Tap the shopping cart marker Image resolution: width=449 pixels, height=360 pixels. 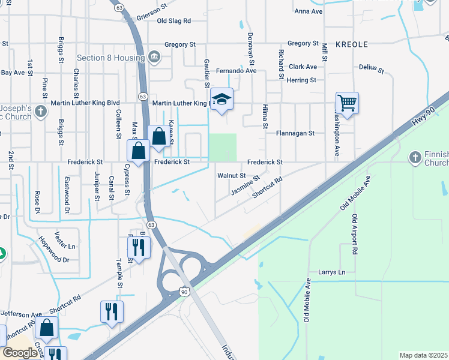(347, 103)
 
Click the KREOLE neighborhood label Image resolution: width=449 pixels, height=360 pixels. (351, 44)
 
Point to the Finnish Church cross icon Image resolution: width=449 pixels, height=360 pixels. (415, 158)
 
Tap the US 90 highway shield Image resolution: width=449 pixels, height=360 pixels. (184, 292)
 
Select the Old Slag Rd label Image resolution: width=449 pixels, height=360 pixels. (173, 20)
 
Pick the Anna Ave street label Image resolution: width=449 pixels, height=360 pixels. (309, 11)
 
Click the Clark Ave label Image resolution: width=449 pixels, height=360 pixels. (303, 67)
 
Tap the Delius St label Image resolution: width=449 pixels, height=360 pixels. (372, 69)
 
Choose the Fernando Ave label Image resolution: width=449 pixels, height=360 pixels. (237, 71)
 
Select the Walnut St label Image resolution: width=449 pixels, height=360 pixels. (231, 176)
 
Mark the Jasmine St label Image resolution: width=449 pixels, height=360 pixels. (245, 185)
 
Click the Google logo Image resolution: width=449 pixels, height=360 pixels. (19, 353)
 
